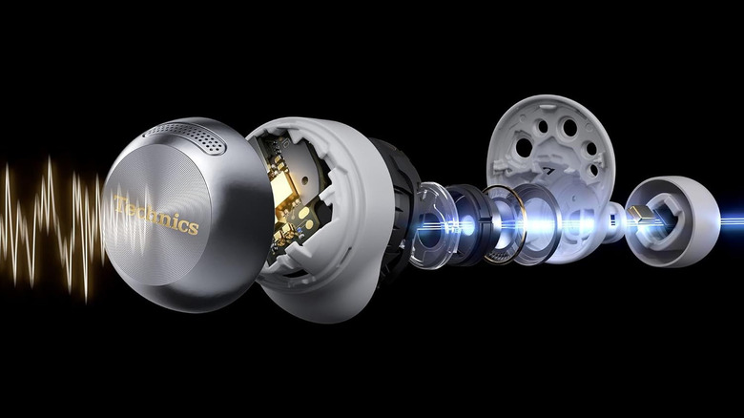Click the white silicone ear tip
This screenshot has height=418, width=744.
pyautogui.click(x=672, y=220)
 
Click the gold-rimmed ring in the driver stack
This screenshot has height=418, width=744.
pyautogui.click(x=505, y=224)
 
